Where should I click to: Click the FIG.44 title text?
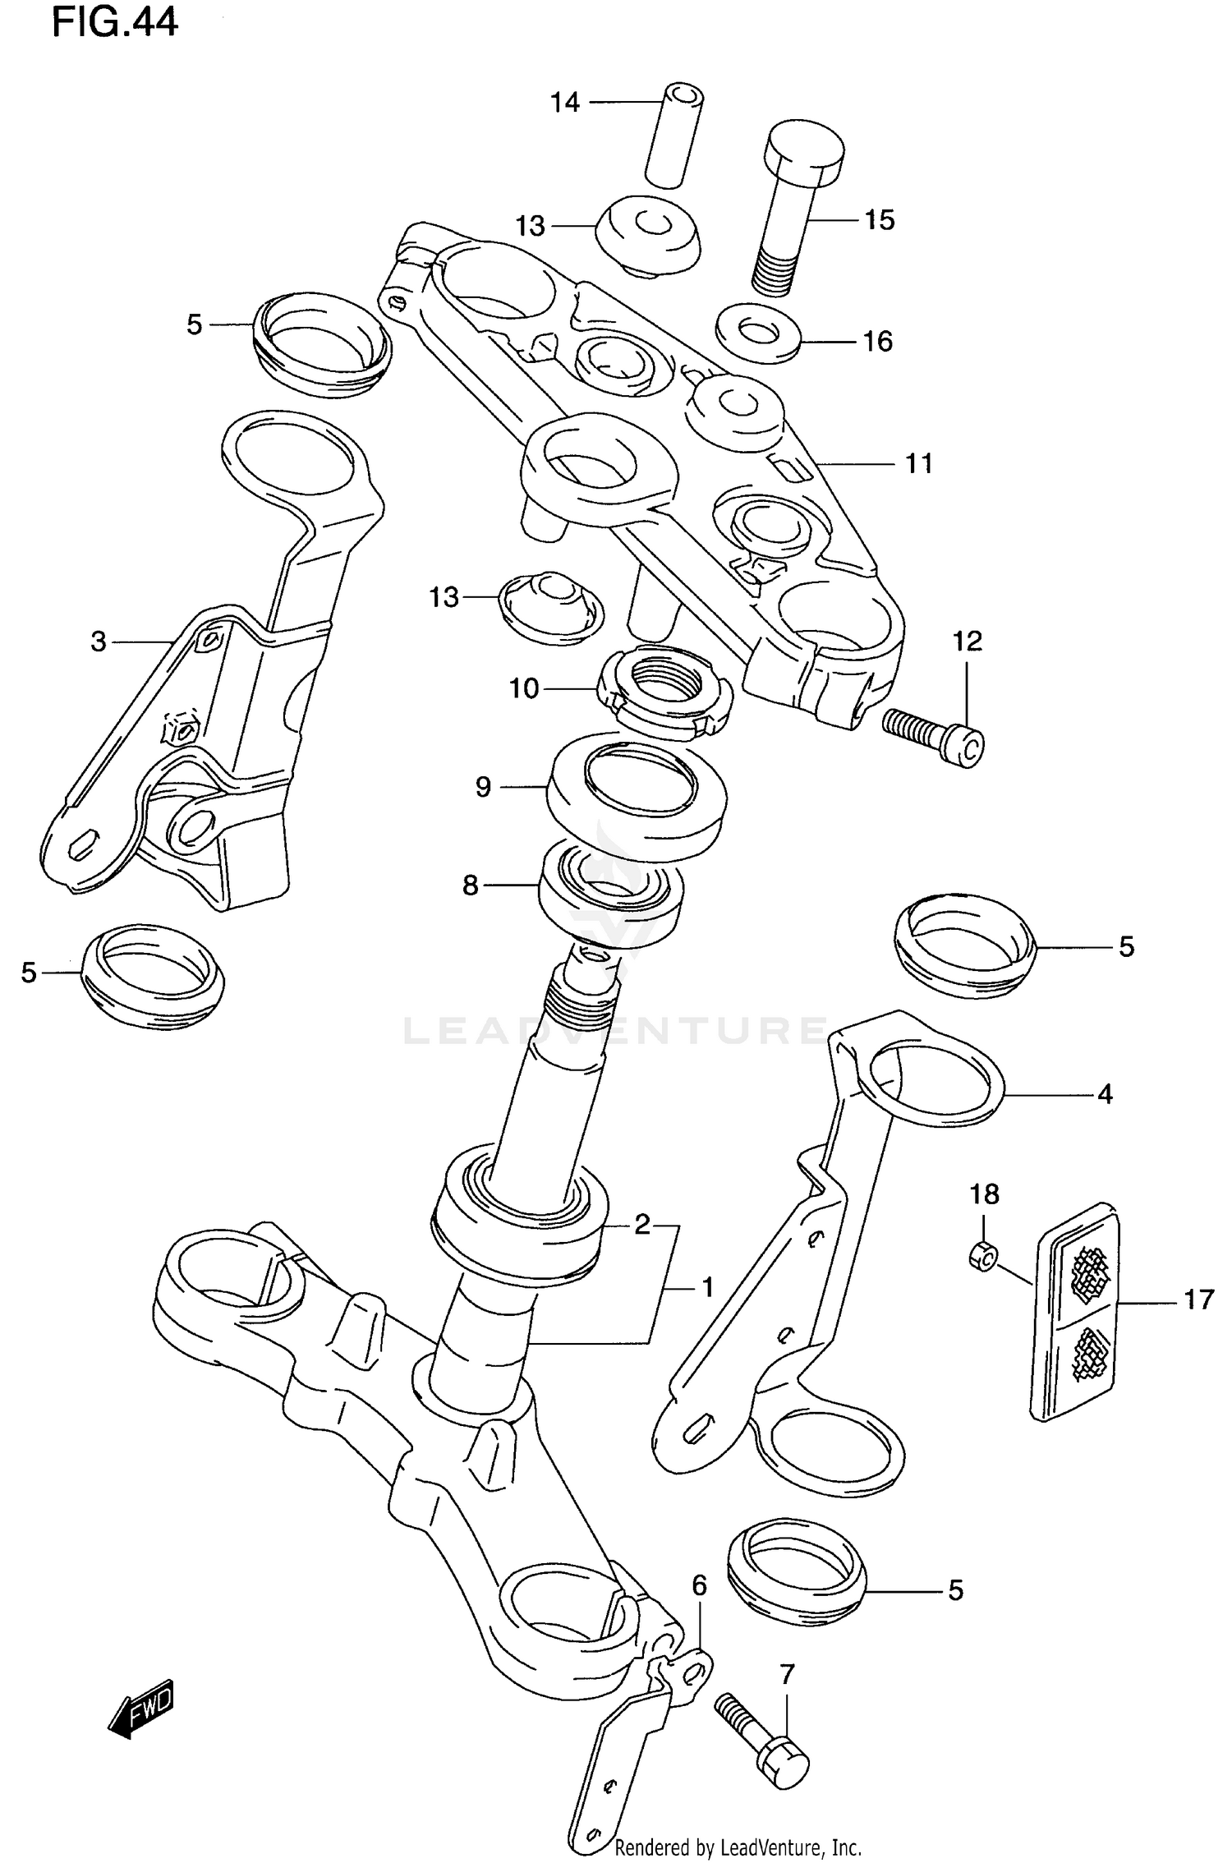point(114,23)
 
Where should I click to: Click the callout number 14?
point(565,103)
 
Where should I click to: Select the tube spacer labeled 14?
point(673,135)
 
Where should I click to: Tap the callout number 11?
point(918,463)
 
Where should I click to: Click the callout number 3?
point(99,642)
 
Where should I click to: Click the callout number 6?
point(699,1585)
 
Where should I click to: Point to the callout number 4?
point(1105,1094)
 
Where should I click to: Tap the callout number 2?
point(641,1225)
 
